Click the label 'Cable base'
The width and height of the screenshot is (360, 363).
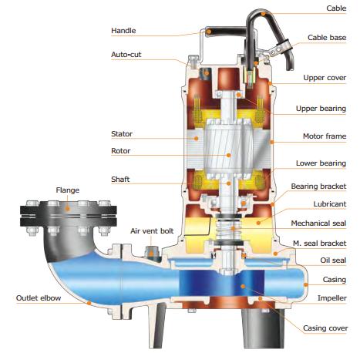coord(327,38)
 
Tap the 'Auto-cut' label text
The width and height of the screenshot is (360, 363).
coord(126,55)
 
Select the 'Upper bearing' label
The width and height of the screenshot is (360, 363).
coord(321,109)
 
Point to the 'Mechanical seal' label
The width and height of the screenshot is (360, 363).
coord(318,224)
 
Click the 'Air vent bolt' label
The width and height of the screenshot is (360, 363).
coord(152,231)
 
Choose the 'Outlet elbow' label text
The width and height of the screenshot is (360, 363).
coord(39,298)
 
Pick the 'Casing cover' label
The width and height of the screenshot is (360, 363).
coord(325,328)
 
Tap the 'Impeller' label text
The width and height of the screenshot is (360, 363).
coord(332,298)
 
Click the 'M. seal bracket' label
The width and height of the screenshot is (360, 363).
coord(320,244)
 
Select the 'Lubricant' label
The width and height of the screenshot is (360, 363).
coord(330,204)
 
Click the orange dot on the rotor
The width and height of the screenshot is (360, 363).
coord(228,155)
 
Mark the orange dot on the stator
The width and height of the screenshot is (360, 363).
coord(196,139)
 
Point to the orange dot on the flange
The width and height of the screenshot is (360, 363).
coord(67,208)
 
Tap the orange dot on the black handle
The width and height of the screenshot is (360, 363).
coord(209,32)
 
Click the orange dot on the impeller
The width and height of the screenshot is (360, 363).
coord(243,286)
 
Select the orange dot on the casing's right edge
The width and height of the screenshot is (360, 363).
coord(306,284)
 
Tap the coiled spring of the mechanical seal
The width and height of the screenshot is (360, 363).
coord(227,229)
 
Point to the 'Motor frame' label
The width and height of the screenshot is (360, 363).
coord(325,136)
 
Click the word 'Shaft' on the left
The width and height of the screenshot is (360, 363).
coord(120,179)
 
